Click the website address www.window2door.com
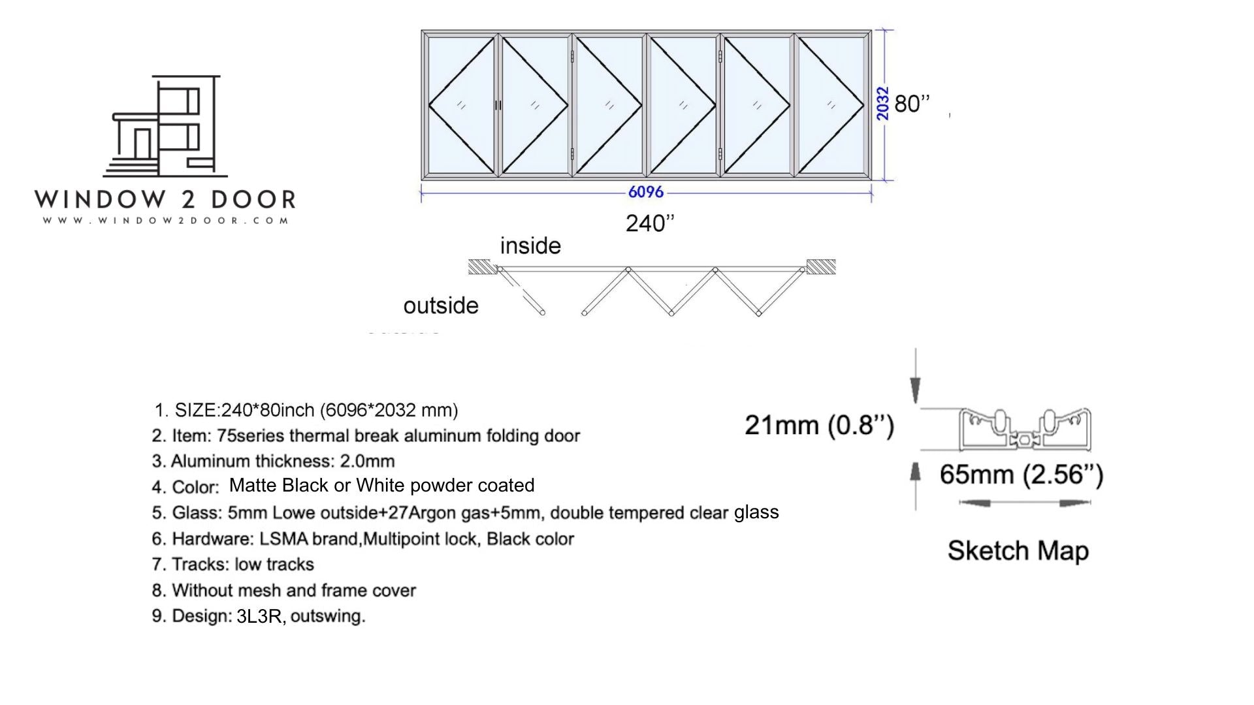click(166, 221)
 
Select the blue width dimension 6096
click(645, 192)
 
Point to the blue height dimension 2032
click(882, 104)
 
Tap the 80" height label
click(912, 104)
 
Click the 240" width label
click(650, 223)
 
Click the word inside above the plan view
click(530, 246)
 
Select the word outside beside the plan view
click(441, 305)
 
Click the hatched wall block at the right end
click(821, 266)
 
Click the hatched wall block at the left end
click(479, 267)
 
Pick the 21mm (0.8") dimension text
click(819, 426)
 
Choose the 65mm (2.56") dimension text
click(1021, 475)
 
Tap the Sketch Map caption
click(1018, 551)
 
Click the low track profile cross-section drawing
click(1025, 430)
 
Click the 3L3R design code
click(259, 616)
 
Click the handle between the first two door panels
click(498, 105)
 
